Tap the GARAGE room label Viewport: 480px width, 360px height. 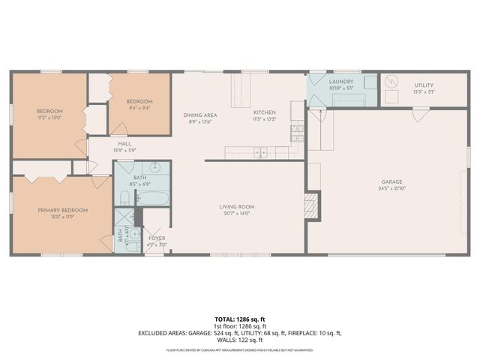click(391, 181)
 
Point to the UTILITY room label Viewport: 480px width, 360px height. click(424, 85)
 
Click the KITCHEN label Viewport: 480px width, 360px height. click(265, 112)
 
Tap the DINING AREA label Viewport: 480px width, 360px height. click(200, 115)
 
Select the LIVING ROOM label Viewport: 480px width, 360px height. click(237, 206)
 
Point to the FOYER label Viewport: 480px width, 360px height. click(157, 238)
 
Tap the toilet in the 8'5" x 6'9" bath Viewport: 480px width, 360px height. click(124, 198)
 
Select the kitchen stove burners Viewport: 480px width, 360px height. click(296, 133)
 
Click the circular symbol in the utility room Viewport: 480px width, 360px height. click(391, 80)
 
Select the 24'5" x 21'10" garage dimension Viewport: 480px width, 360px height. click(391, 188)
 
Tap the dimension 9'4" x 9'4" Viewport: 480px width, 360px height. click(139, 107)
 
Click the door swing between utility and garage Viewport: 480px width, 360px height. click(421, 114)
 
